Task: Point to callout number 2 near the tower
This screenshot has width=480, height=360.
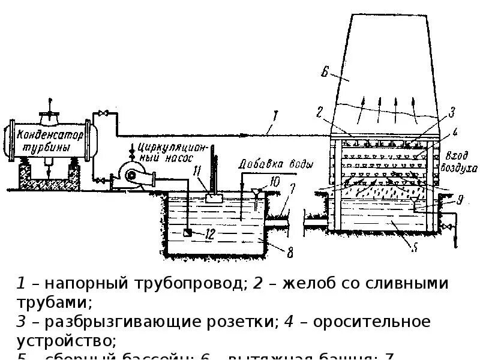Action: click(x=319, y=110)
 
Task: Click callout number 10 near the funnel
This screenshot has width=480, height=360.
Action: click(x=275, y=181)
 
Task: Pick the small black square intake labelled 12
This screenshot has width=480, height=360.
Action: click(x=188, y=232)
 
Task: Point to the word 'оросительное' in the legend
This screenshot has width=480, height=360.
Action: click(x=368, y=322)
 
